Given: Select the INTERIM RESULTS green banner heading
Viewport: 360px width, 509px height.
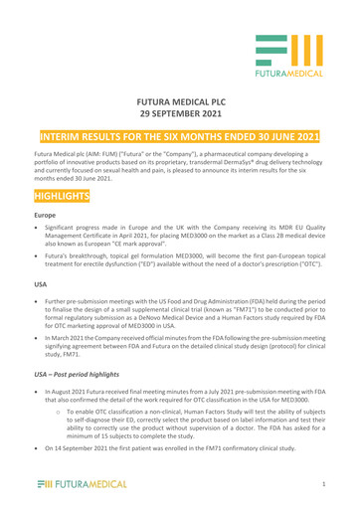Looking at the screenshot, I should pos(180,134).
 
